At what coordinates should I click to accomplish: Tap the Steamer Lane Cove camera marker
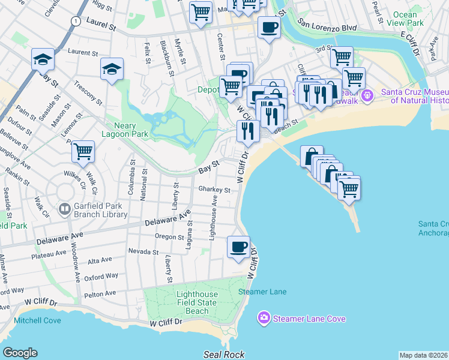pos(264,318)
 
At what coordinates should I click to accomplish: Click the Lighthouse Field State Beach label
pos(201,303)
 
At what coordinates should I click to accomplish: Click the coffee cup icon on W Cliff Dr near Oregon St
pos(239,247)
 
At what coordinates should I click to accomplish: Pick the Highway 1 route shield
pos(75,21)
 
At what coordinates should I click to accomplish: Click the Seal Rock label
pos(224,355)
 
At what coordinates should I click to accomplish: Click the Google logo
pos(20,353)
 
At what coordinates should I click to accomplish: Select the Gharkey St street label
pos(214,190)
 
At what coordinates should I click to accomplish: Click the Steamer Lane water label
pos(262,292)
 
